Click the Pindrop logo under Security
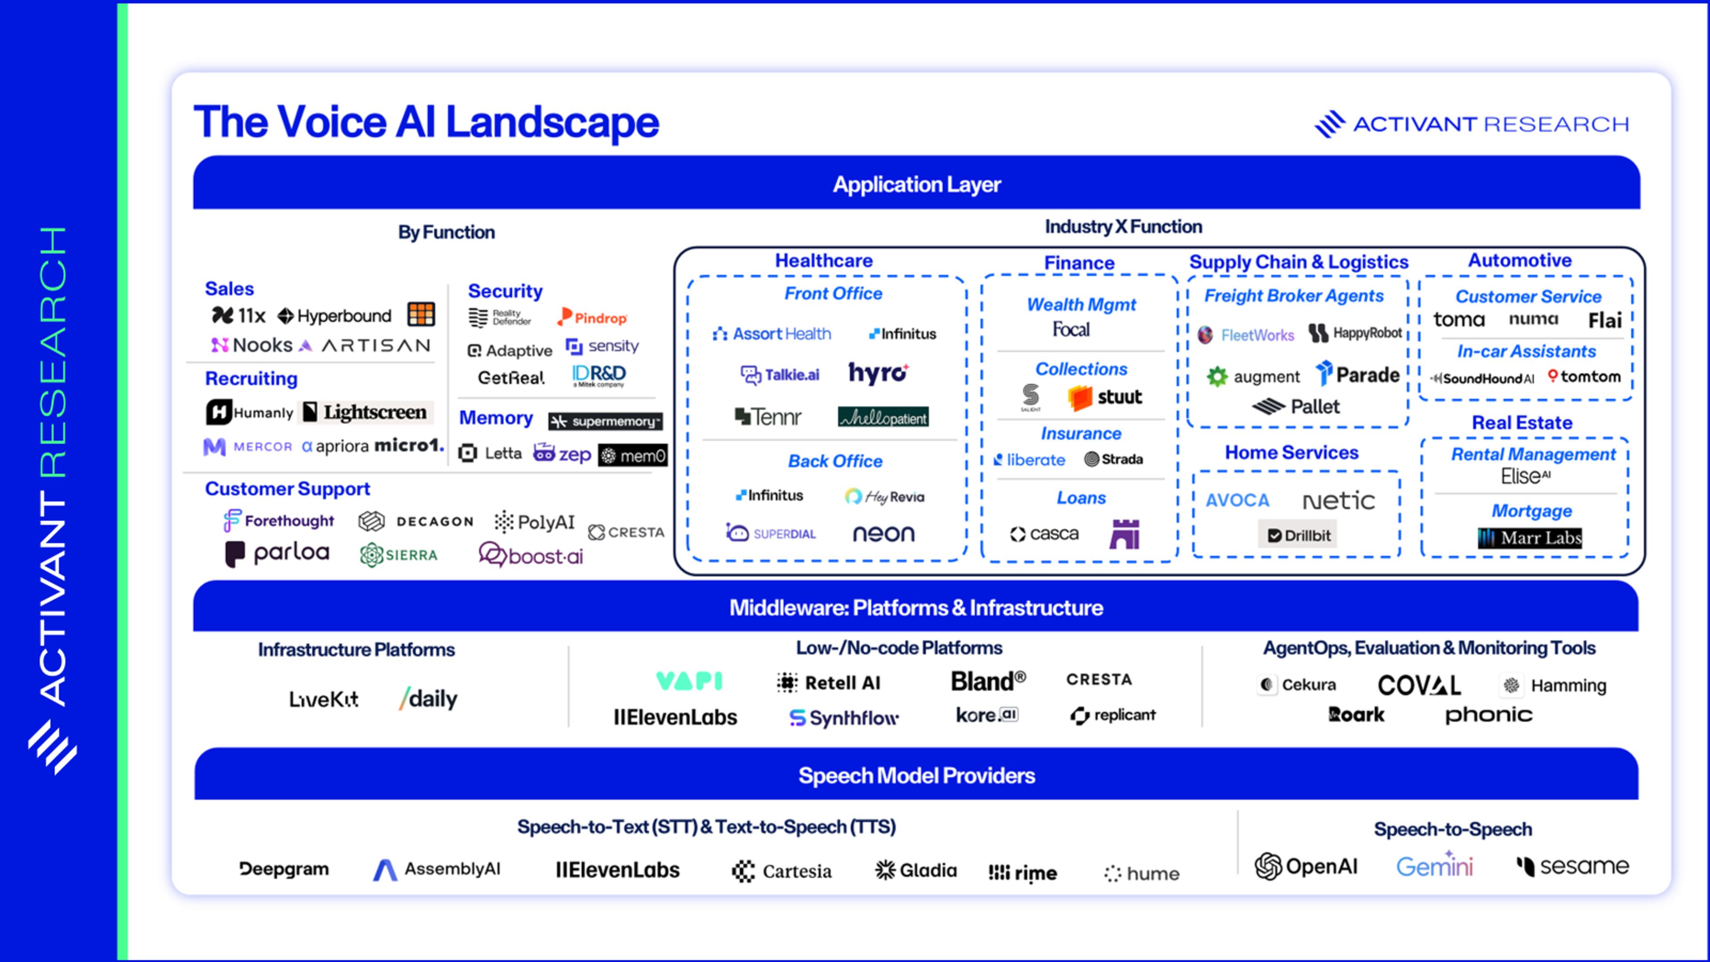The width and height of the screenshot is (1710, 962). point(592,318)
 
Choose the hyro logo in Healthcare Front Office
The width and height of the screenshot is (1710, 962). point(878,373)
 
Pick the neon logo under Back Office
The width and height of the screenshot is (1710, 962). point(883,533)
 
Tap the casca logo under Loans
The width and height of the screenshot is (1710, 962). point(1044,534)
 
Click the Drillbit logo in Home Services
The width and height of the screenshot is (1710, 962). point(1298,535)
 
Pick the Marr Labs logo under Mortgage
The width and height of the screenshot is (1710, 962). point(1530,538)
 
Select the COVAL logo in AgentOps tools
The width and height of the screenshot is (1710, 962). point(1419,685)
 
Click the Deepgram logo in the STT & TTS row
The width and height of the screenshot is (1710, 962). point(284,869)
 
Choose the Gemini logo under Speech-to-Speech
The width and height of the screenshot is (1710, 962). point(1434,866)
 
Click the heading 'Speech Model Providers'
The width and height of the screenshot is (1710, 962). point(916,775)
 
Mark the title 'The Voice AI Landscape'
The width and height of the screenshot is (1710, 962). point(426,122)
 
